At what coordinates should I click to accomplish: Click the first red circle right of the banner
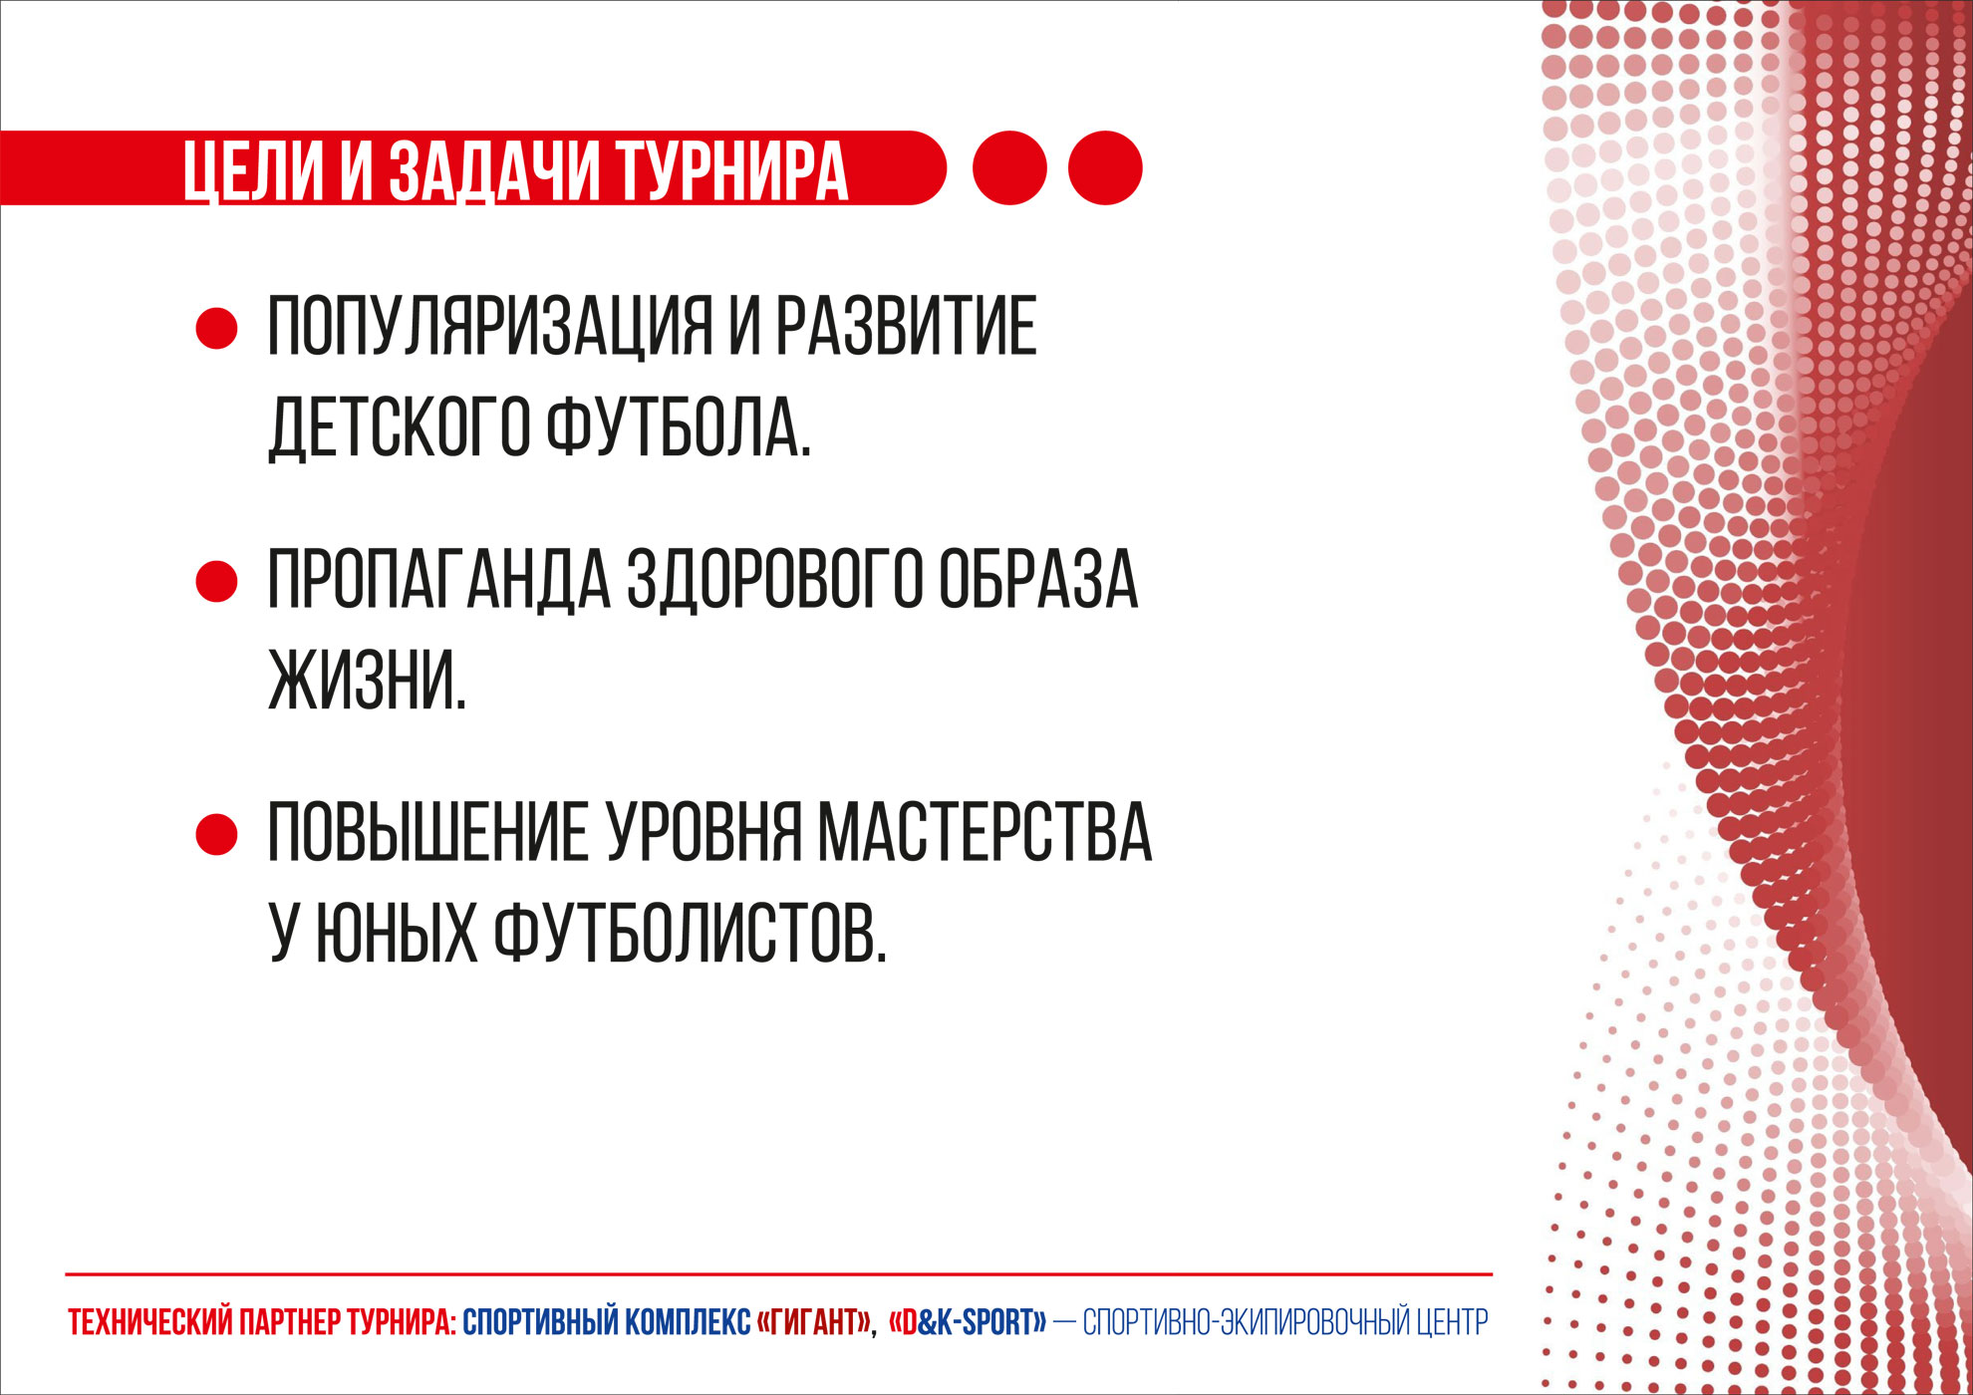(x=1009, y=167)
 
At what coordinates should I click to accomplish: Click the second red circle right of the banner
(x=1105, y=167)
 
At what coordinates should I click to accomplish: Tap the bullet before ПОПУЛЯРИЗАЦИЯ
(x=216, y=328)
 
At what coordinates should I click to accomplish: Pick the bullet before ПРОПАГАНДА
(x=216, y=581)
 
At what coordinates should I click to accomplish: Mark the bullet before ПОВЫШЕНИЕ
(x=216, y=834)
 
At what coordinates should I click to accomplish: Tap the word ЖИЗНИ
(x=368, y=680)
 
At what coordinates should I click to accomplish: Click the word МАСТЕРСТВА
(x=985, y=832)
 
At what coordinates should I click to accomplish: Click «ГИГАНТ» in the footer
(x=814, y=1322)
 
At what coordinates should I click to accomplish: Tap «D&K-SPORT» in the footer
(x=967, y=1322)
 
